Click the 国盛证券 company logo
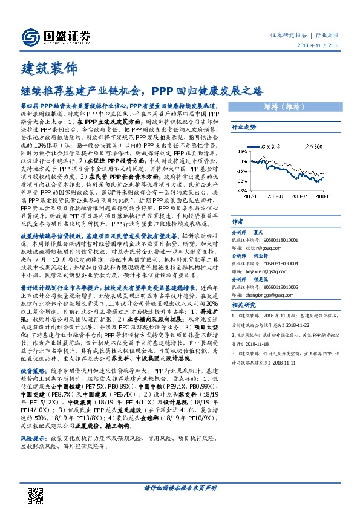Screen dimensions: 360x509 tap(57, 36)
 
